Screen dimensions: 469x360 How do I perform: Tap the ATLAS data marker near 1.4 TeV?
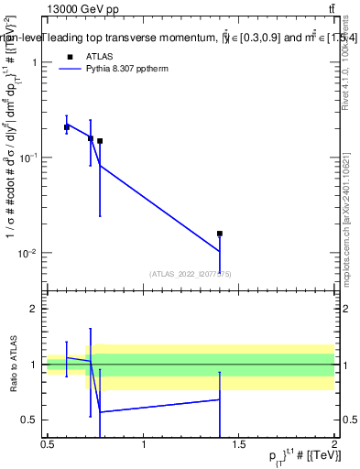pos(220,234)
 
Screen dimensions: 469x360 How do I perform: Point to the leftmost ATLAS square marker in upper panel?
pos(67,127)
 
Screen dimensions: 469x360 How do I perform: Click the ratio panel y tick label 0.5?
pos(31,420)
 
